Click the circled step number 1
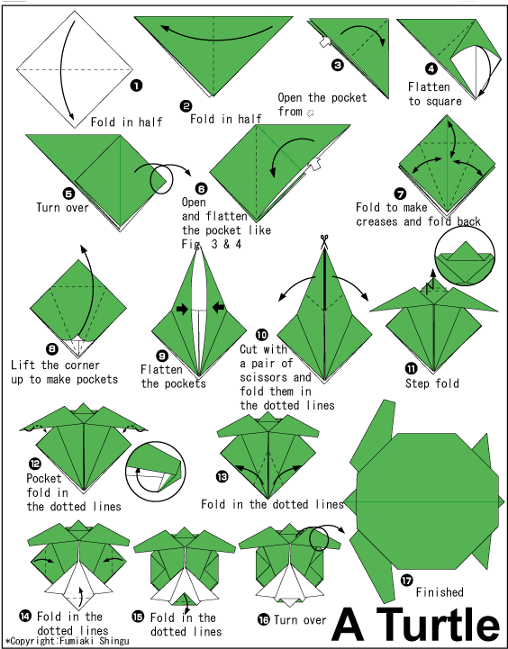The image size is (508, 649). click(136, 86)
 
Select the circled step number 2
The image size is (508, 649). click(186, 105)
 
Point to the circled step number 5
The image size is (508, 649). click(43, 192)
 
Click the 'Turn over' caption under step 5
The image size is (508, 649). click(62, 208)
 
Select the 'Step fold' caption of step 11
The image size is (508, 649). click(432, 383)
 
